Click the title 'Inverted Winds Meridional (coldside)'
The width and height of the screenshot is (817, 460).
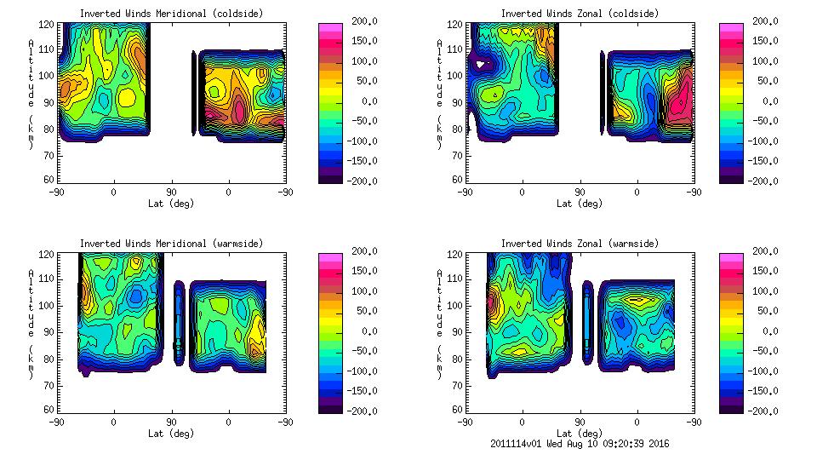(x=171, y=14)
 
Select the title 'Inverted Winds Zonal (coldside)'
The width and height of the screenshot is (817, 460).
(x=580, y=14)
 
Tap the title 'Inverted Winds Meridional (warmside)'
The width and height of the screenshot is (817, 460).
(x=171, y=244)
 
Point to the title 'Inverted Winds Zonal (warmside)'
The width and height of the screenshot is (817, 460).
(x=580, y=244)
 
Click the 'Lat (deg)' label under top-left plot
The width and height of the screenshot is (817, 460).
(x=171, y=204)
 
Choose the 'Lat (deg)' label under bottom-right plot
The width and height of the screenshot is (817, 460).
(x=580, y=433)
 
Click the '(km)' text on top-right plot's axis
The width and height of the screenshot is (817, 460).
(x=440, y=134)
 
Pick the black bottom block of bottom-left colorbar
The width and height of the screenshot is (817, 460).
(x=329, y=406)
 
